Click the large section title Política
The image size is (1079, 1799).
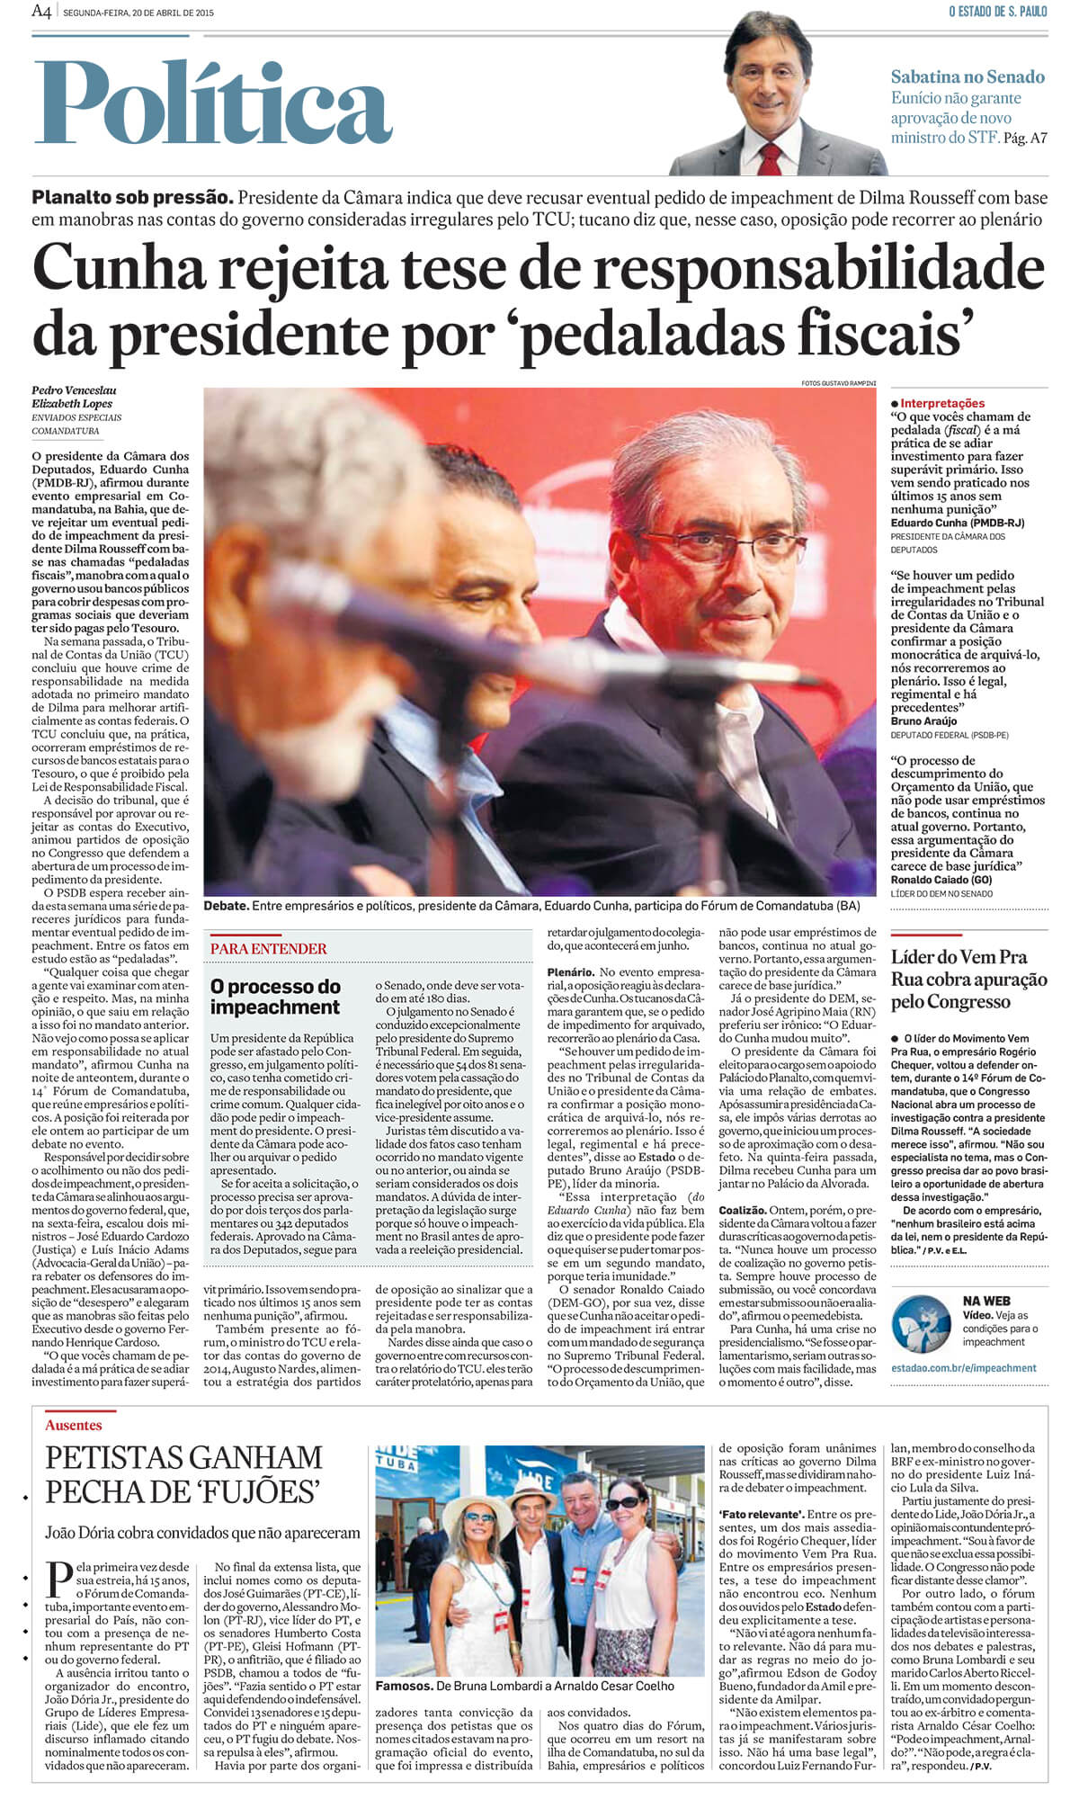coord(214,103)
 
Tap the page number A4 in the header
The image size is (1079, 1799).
coord(41,12)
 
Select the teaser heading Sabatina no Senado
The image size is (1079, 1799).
coord(968,77)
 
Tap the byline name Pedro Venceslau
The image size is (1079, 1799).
coord(74,390)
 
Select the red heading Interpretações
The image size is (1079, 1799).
coord(941,404)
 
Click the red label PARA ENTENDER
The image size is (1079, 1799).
coord(269,948)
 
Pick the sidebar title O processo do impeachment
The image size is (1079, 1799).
coord(275,997)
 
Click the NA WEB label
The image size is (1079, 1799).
coord(986,1301)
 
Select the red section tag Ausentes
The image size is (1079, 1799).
coord(74,1426)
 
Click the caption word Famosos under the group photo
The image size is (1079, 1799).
coord(403,1686)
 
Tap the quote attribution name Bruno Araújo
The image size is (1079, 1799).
coord(923,721)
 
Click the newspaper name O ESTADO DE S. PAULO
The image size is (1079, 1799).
coord(997,12)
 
